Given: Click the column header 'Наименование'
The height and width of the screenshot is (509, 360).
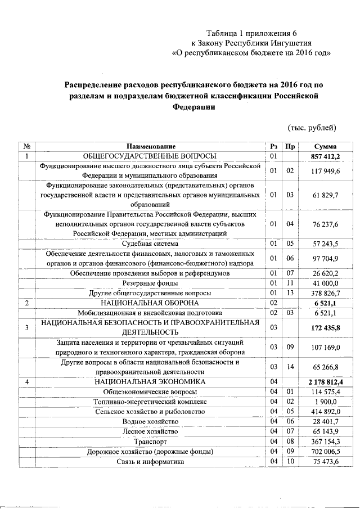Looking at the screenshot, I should pos(150,146).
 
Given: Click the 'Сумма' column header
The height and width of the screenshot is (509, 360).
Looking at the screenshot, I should pos(326,146).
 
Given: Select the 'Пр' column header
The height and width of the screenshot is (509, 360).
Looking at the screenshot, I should pos(290,146).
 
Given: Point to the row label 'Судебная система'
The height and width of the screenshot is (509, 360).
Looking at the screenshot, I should pos(150,244).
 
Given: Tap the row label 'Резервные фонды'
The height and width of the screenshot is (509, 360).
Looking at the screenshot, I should pos(150,283).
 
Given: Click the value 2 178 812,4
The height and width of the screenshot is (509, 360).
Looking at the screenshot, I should pos(326,382).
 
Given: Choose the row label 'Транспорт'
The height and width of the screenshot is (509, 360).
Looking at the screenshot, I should pos(150,442).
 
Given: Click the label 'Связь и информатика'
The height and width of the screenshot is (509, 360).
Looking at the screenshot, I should pos(150,462).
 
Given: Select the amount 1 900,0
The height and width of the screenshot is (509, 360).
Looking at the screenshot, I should pos(326,402).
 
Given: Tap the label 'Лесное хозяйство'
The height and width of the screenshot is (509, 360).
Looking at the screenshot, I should pos(150,432).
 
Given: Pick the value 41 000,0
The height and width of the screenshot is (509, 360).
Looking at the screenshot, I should pos(326,283).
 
